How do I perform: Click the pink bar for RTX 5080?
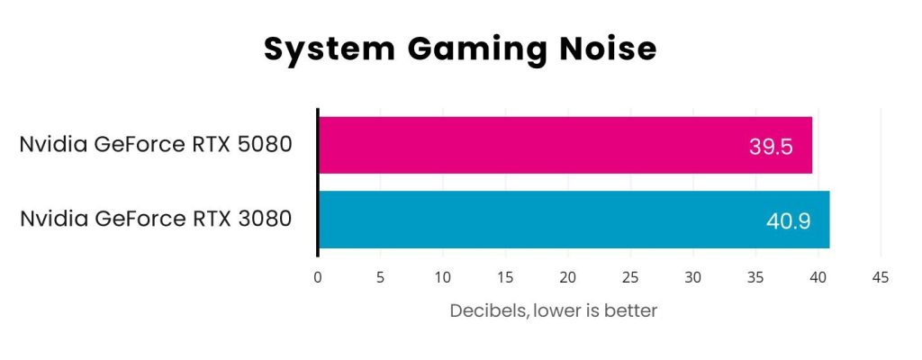540,145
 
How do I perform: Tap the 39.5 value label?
771,146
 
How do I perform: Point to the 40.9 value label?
788,220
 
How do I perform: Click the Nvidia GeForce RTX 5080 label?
156,145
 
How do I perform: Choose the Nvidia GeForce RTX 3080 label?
156,219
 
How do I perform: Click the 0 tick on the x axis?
318,277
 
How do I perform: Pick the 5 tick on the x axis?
380,277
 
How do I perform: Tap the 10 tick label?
442,277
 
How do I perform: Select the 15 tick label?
505,277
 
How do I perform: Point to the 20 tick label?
567,277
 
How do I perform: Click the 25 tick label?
630,277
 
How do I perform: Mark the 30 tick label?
692,277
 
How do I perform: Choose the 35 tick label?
755,277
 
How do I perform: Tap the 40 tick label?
818,277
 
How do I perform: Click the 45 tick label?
881,277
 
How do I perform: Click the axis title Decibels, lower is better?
554,311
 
